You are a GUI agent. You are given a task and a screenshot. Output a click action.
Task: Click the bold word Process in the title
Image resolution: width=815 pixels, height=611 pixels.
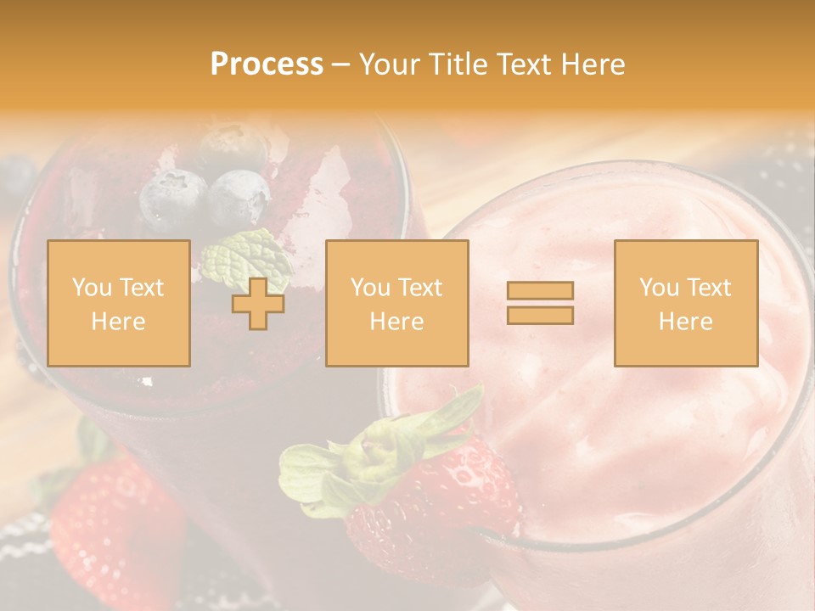(267, 64)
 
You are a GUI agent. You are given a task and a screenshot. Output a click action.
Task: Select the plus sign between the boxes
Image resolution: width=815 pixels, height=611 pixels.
(258, 303)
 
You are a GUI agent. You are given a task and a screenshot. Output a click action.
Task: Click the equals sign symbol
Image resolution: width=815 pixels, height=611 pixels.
(540, 303)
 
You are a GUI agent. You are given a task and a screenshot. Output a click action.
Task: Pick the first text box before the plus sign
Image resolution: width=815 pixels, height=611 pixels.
(118, 303)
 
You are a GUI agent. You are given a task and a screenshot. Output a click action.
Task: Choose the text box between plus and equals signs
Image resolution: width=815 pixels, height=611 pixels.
(396, 303)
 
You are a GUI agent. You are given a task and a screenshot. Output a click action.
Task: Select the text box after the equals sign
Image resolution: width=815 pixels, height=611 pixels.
(685, 303)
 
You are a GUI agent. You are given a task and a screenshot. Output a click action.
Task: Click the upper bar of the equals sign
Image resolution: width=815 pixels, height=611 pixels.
(540, 291)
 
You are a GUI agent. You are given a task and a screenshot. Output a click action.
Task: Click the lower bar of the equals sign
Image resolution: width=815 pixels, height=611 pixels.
(540, 315)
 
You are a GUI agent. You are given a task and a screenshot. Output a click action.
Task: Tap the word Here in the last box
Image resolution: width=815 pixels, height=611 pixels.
(685, 322)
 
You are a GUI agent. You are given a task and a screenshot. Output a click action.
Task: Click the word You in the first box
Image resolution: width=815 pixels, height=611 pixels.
(91, 288)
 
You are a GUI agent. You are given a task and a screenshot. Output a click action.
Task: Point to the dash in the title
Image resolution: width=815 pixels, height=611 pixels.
(340, 64)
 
